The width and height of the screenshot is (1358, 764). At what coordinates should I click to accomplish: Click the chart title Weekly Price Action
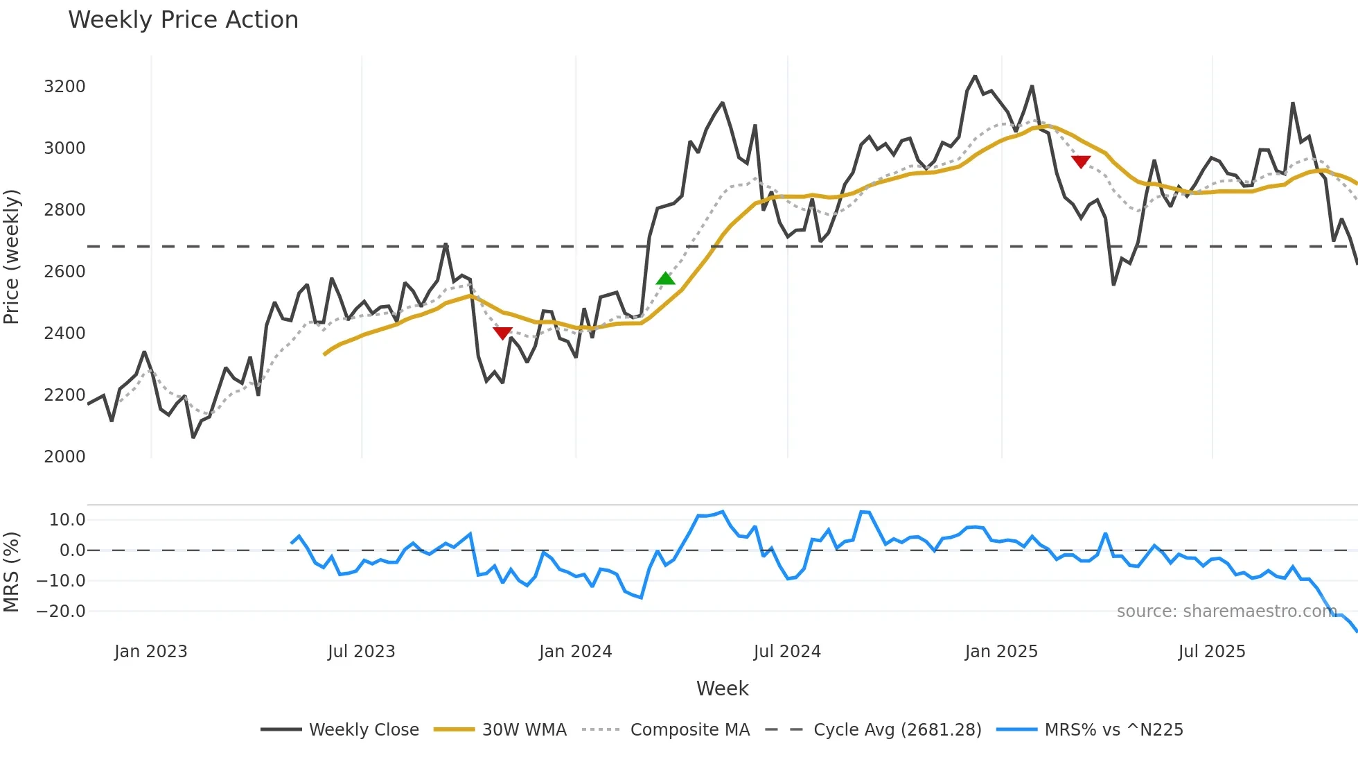(183, 20)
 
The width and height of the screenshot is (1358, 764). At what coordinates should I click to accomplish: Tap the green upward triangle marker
(665, 279)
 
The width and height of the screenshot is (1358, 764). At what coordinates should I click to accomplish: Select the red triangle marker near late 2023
(502, 333)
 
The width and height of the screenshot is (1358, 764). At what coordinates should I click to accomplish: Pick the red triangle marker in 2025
(1080, 162)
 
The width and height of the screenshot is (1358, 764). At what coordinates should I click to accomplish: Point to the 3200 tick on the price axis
(64, 87)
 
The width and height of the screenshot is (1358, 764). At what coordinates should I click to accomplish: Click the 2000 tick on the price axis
(64, 456)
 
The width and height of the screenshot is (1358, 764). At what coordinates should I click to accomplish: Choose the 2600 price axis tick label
(64, 272)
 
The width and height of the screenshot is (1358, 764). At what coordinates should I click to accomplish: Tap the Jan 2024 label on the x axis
(575, 652)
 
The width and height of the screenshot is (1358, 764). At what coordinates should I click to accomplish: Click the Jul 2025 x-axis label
(1211, 652)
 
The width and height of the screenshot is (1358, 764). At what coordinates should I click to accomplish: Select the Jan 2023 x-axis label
(150, 652)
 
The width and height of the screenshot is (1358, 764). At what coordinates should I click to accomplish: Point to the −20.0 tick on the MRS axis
(61, 611)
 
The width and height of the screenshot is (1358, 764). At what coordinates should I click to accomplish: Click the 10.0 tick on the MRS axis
(67, 520)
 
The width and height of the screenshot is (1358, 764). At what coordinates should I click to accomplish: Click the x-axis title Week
(722, 688)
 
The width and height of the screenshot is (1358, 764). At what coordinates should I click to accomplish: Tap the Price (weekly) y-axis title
(11, 257)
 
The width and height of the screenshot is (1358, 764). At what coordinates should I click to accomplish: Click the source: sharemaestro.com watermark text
(1226, 611)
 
